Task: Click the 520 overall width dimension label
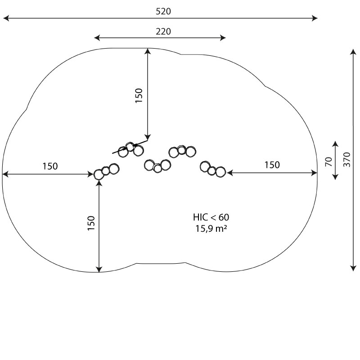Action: pyautogui.click(x=163, y=11)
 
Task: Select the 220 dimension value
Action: pyautogui.click(x=163, y=31)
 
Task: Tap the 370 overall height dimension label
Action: pyautogui.click(x=347, y=160)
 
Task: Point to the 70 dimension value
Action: pyautogui.click(x=328, y=162)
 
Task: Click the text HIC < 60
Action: pyautogui.click(x=211, y=217)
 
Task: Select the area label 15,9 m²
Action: pyautogui.click(x=211, y=229)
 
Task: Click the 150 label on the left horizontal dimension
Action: pyautogui.click(x=50, y=166)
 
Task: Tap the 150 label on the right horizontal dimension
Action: pyautogui.click(x=272, y=165)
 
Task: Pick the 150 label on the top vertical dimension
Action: pyautogui.click(x=139, y=95)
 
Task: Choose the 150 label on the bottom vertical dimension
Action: pyautogui.click(x=91, y=223)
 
